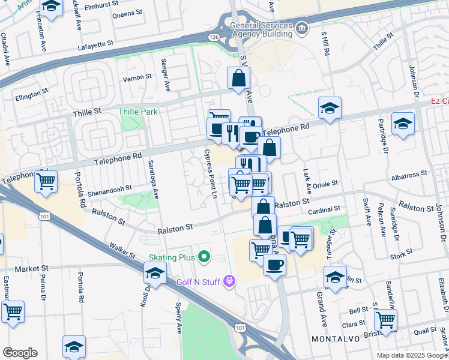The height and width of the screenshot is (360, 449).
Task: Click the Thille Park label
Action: pyautogui.click(x=137, y=112)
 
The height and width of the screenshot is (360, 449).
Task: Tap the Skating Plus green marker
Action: pyautogui.click(x=204, y=257)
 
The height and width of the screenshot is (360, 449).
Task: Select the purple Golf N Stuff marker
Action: pyautogui.click(x=228, y=280)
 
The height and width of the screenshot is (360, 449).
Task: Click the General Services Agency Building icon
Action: pyautogui.click(x=301, y=28)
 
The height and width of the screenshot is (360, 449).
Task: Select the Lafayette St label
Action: pyautogui.click(x=95, y=45)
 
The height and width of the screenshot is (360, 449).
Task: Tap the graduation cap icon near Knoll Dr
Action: pyautogui.click(x=155, y=273)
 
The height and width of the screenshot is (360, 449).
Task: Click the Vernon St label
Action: pyautogui.click(x=137, y=77)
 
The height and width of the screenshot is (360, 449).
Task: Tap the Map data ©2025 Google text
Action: pyautogui.click(x=411, y=355)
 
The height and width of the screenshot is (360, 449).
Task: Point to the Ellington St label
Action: pyautogui.click(x=31, y=94)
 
